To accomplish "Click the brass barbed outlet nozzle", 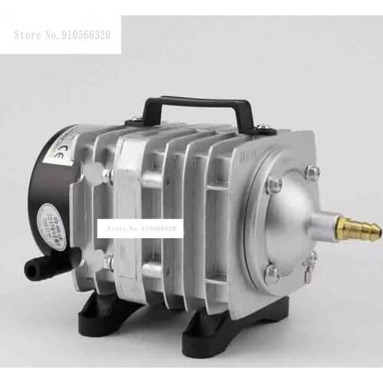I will (358, 228).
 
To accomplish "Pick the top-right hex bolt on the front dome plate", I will (313, 172).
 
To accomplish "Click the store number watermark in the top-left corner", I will (61, 35).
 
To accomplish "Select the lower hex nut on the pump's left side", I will (109, 262).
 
